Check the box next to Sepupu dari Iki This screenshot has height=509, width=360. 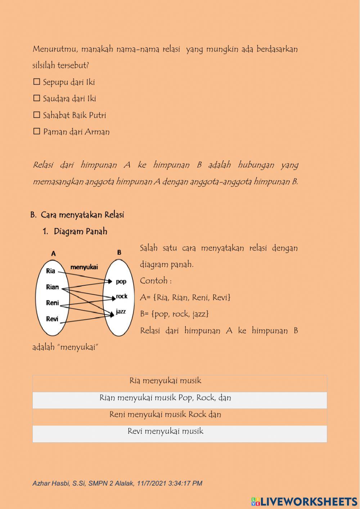[36, 82]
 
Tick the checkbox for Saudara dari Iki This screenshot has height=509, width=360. [36, 98]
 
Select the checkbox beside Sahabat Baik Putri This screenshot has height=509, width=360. [36, 115]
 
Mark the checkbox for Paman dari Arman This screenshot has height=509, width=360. [36, 131]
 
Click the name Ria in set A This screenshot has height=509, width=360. [51, 271]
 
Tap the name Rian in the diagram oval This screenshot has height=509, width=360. [52, 287]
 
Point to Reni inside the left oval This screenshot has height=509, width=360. [52, 303]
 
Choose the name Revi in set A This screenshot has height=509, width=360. [52, 319]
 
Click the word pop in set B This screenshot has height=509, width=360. [121, 281]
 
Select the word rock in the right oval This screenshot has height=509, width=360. [122, 296]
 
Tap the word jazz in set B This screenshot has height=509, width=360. [121, 311]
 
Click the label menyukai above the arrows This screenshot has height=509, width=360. [84, 267]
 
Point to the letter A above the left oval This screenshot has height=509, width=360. [53, 254]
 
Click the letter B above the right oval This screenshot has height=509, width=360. [119, 253]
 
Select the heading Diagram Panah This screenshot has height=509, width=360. [80, 231]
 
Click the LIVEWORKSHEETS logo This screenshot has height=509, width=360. [304, 501]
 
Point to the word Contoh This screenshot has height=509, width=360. [153, 281]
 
